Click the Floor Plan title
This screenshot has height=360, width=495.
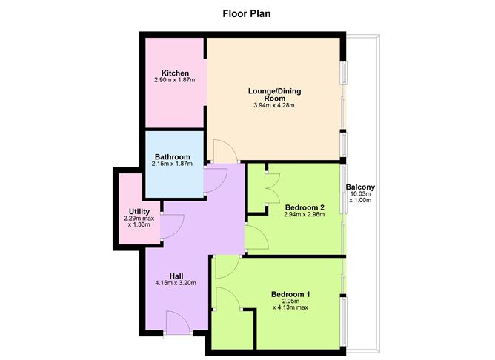[247, 14]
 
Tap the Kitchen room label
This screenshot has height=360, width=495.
[175, 73]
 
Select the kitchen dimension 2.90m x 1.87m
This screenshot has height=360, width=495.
[175, 80]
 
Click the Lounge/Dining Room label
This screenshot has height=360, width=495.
[274, 95]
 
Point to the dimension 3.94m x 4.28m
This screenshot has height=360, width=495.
[274, 105]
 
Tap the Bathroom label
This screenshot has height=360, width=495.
[173, 157]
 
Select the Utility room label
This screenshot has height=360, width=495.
[139, 211]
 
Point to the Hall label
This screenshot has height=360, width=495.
[176, 276]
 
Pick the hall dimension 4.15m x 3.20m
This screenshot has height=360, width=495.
[176, 283]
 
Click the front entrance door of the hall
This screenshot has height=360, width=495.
[178, 323]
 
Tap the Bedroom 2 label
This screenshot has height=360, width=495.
[305, 207]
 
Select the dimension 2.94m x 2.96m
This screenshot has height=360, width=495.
[305, 215]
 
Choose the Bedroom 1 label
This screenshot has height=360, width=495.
[290, 294]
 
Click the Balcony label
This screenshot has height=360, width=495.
[360, 187]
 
